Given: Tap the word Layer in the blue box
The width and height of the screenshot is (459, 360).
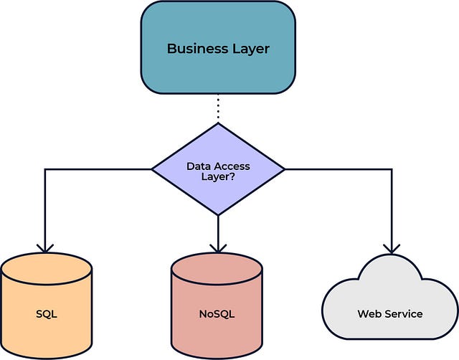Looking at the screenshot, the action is [251, 49].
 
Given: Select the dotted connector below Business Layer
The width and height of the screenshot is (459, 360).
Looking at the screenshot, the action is [218, 107].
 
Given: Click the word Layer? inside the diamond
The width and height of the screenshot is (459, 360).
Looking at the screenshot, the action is [218, 177].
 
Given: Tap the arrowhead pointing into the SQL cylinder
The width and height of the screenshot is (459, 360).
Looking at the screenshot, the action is [45, 248].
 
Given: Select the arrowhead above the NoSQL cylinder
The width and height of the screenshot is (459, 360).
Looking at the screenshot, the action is [218, 248].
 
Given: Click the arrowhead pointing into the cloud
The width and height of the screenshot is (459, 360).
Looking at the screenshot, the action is [392, 249].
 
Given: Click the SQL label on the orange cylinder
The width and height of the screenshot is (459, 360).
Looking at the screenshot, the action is [47, 314].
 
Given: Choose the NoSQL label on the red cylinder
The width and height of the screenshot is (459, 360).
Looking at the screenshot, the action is [217, 314].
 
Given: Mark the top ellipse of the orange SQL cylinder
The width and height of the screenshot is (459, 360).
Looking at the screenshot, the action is [47, 269].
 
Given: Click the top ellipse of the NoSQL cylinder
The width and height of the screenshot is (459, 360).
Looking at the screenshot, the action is [217, 269].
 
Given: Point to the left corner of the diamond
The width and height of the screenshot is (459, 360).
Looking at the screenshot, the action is [152, 169].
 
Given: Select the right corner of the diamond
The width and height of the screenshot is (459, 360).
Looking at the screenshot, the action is [285, 169].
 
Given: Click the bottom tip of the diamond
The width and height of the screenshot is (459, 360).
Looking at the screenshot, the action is [218, 215].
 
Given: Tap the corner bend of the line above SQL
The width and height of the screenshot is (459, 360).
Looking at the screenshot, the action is [45, 169].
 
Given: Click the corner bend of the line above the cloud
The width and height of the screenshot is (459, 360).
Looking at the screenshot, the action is [392, 169].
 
